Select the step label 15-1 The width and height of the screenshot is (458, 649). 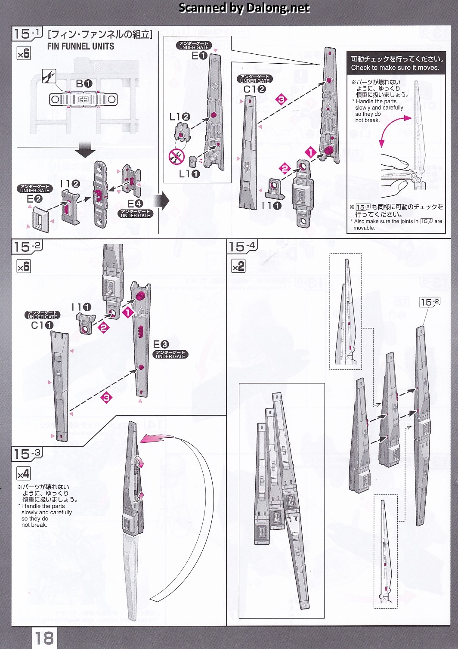click(x=27, y=34)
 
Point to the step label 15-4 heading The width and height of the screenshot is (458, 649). click(x=242, y=247)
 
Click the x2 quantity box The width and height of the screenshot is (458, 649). click(x=238, y=266)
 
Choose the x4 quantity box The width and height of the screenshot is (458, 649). click(x=24, y=474)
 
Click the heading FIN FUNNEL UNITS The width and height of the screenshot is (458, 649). click(x=80, y=46)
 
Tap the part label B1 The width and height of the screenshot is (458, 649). click(x=84, y=84)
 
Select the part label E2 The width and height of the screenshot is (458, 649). click(x=34, y=199)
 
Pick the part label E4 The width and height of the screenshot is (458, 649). click(x=135, y=204)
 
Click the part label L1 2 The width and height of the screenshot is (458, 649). click(x=180, y=117)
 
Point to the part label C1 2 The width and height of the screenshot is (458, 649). click(x=254, y=89)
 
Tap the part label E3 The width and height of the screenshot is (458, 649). click(x=161, y=344)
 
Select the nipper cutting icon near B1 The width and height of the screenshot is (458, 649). click(x=49, y=76)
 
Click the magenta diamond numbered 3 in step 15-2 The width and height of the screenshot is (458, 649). click(x=106, y=397)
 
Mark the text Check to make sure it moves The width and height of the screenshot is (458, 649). click(x=395, y=68)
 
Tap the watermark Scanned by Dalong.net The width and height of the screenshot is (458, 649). click(x=244, y=8)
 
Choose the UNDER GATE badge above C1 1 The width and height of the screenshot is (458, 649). click(x=43, y=315)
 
